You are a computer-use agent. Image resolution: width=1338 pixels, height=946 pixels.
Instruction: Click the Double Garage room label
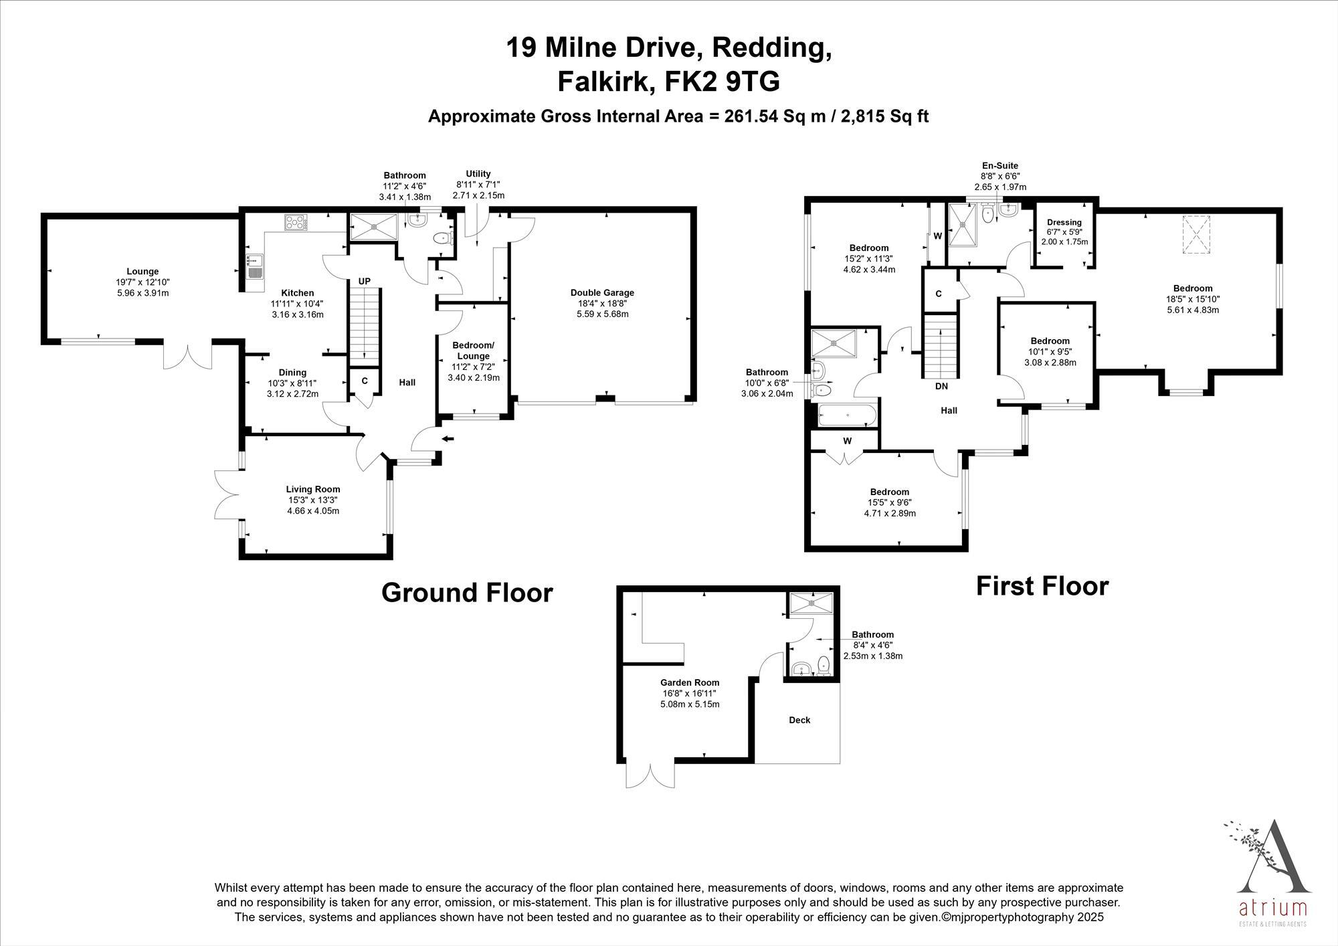click(602, 292)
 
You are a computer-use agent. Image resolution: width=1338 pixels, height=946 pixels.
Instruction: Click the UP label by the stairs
click(364, 281)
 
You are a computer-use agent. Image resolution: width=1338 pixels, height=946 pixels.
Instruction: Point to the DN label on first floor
click(941, 386)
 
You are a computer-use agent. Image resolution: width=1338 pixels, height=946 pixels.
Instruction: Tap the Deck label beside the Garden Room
click(799, 720)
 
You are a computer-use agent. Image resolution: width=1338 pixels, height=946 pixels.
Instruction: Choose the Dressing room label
click(1064, 222)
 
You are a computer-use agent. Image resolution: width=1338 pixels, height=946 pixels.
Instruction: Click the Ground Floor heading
click(467, 593)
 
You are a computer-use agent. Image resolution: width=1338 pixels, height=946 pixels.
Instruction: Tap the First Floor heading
click(1042, 586)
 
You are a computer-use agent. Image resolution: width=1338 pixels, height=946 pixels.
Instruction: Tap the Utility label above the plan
click(478, 174)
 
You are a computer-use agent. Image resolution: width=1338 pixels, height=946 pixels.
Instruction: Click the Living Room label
click(313, 489)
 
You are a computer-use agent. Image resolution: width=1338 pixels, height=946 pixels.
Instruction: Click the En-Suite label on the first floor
click(1000, 166)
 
